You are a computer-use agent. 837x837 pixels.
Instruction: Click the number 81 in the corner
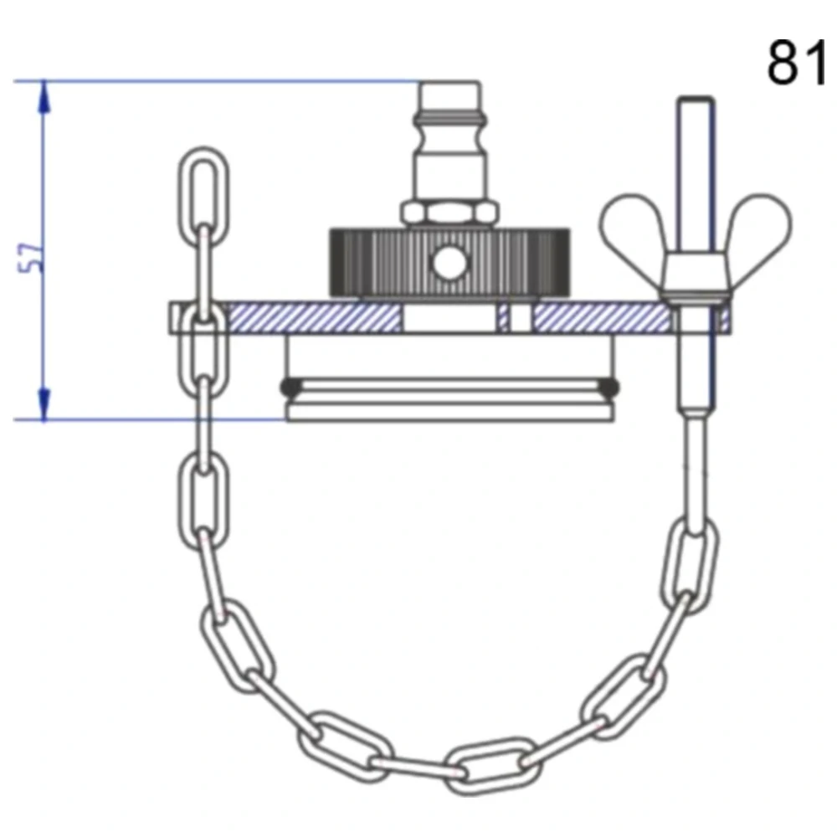pos(798,63)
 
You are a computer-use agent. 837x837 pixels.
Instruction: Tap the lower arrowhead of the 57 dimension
pos(44,404)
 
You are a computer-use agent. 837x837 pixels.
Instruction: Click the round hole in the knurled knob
pos(449,263)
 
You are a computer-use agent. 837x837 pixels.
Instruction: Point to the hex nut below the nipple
pos(449,213)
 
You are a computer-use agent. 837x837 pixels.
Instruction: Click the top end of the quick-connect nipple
pos(449,83)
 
